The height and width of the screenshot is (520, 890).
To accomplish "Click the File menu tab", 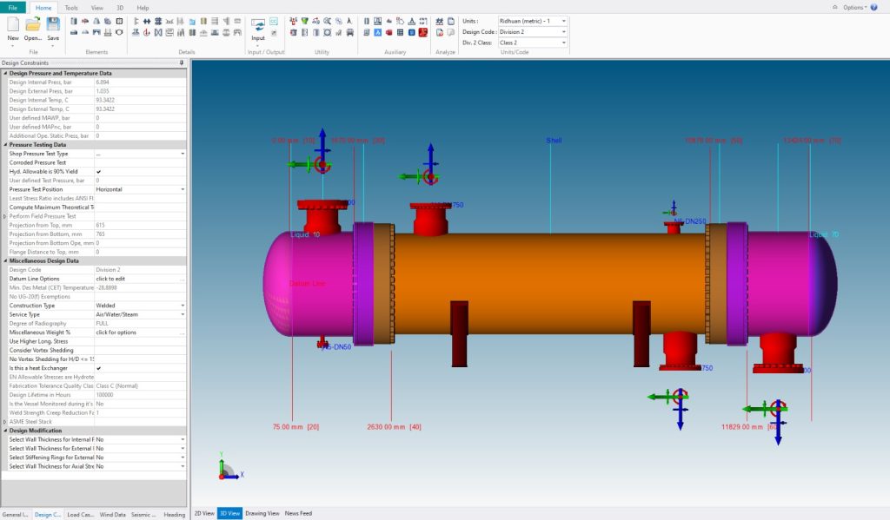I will click(12, 7).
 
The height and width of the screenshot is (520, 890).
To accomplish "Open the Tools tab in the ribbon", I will click(71, 7).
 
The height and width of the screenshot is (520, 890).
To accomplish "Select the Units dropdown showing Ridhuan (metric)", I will click(532, 21).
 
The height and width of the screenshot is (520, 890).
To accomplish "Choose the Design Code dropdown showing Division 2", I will click(532, 31).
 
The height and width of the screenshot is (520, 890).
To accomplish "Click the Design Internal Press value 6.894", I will click(139, 82).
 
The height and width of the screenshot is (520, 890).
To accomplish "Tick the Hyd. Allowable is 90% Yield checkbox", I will click(99, 172).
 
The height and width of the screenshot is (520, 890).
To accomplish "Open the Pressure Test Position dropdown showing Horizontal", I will click(139, 189).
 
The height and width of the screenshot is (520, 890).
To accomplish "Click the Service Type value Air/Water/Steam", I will click(139, 314).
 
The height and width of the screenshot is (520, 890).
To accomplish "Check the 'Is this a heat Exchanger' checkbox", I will click(99, 368).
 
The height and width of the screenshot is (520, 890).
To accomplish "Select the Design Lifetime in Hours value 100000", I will click(139, 395).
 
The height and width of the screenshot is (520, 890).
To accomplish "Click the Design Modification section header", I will click(48, 431).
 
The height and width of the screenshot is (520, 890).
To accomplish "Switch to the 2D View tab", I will click(203, 513).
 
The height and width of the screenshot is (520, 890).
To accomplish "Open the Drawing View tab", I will click(262, 513).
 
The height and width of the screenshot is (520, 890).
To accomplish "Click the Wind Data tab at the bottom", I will click(113, 514).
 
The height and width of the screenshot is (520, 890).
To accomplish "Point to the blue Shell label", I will click(554, 141).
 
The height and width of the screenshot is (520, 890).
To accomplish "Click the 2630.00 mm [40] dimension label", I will click(394, 427).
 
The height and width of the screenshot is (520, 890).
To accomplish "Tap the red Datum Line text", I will click(306, 284).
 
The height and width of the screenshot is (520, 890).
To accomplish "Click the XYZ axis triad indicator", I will click(228, 470).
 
